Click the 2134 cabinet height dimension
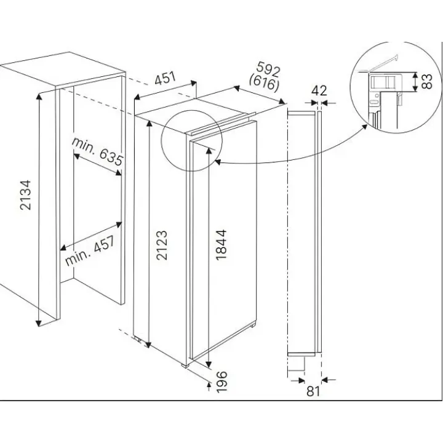[25, 195]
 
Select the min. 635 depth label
[97, 152]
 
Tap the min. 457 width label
[90, 250]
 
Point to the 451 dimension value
[166, 78]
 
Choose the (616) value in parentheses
[264, 82]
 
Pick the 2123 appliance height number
[162, 245]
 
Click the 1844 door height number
[221, 244]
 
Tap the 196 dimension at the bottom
[221, 382]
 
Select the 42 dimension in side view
[319, 90]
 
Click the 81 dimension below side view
[313, 391]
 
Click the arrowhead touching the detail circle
[365, 127]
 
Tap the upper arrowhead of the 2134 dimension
[39, 97]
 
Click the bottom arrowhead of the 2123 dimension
[148, 344]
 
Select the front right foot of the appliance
[185, 365]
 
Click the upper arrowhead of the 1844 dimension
[209, 151]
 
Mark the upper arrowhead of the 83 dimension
[415, 76]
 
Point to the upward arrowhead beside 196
[209, 385]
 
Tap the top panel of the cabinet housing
[63, 69]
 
